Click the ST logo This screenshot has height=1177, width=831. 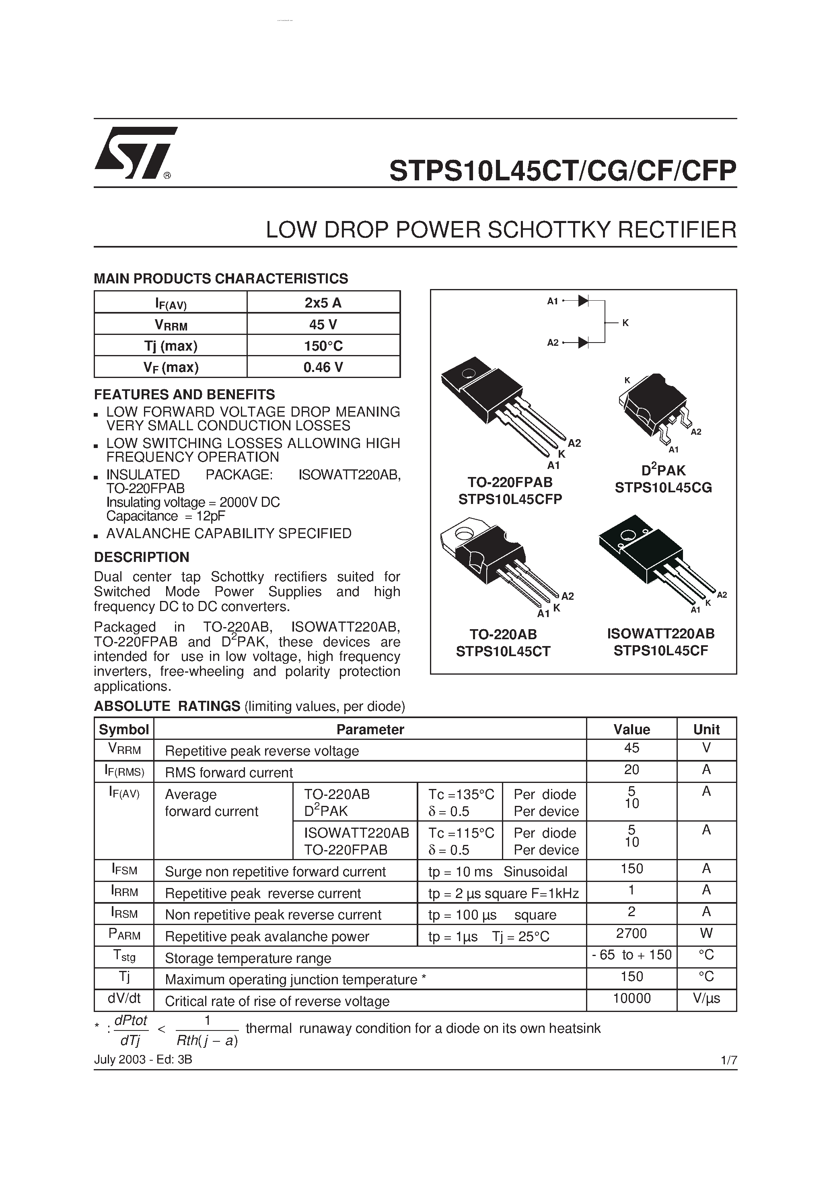pyautogui.click(x=134, y=153)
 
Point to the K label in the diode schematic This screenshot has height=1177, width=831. pyautogui.click(x=625, y=323)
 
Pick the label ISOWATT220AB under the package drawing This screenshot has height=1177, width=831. pyautogui.click(x=660, y=634)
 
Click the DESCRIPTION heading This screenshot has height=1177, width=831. pyautogui.click(x=142, y=557)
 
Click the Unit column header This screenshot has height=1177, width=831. pyautogui.click(x=706, y=729)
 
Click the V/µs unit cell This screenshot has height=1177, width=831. pyautogui.click(x=706, y=998)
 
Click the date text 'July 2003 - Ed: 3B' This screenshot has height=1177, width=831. pyautogui.click(x=143, y=1059)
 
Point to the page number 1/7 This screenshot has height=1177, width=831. pyautogui.click(x=728, y=1060)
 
